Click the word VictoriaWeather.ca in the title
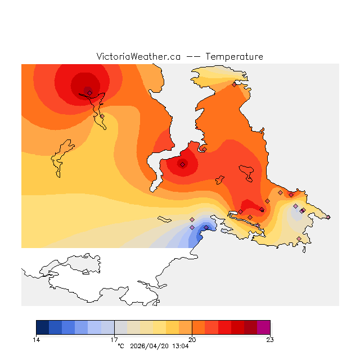point(138,57)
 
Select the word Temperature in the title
point(234,57)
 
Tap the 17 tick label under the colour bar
point(114,339)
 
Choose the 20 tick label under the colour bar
point(192,339)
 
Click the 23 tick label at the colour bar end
point(270,339)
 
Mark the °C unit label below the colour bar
point(120,346)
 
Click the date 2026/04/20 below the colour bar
point(149,346)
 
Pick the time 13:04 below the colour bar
point(180,346)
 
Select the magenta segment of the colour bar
point(263,327)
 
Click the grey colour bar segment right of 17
point(120,327)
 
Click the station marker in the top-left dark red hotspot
point(89,92)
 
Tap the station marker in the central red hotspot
point(182,165)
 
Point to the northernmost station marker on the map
point(234,85)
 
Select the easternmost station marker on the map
point(328,217)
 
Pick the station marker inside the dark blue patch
point(206,227)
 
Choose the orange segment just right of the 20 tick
point(198,327)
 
